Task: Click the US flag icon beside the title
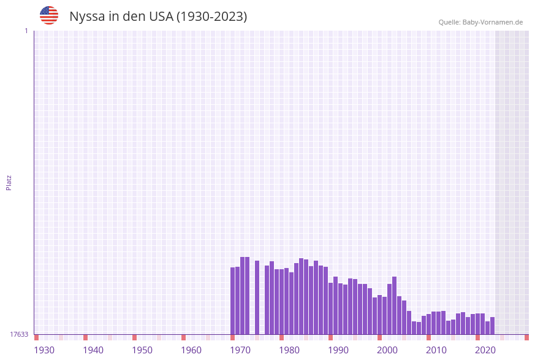[49, 15]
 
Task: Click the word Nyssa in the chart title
[88, 17]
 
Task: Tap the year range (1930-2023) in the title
[211, 17]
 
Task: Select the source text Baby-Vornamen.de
[493, 22]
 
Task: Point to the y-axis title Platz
[9, 183]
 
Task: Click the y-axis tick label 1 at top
[26, 31]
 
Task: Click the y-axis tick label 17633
[19, 334]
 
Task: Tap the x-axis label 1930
[44, 350]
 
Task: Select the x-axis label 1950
[142, 350]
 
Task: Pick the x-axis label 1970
[240, 350]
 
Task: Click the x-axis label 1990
[338, 350]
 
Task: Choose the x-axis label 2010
[436, 350]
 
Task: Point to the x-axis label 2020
[485, 350]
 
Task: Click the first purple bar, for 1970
[233, 301]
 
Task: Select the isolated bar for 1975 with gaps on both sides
[257, 297]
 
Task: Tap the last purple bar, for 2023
[493, 326]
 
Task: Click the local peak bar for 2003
[395, 305]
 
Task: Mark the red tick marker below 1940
[86, 337]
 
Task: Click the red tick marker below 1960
[184, 337]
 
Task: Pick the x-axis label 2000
[387, 350]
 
